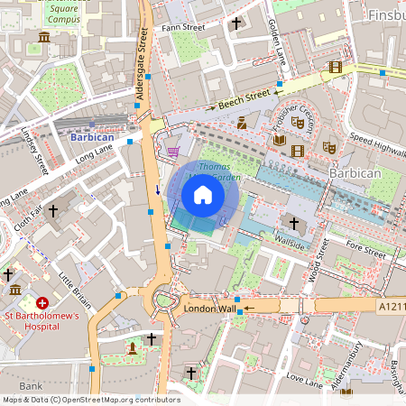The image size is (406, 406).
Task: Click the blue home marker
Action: [x=203, y=195]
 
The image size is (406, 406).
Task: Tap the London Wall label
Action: [x=208, y=309]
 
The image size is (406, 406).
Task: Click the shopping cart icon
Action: [x=173, y=152]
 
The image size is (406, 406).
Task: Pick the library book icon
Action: [x=280, y=140]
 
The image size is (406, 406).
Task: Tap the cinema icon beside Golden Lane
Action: [x=336, y=67]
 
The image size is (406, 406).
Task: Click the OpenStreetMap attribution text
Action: [x=90, y=399]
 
